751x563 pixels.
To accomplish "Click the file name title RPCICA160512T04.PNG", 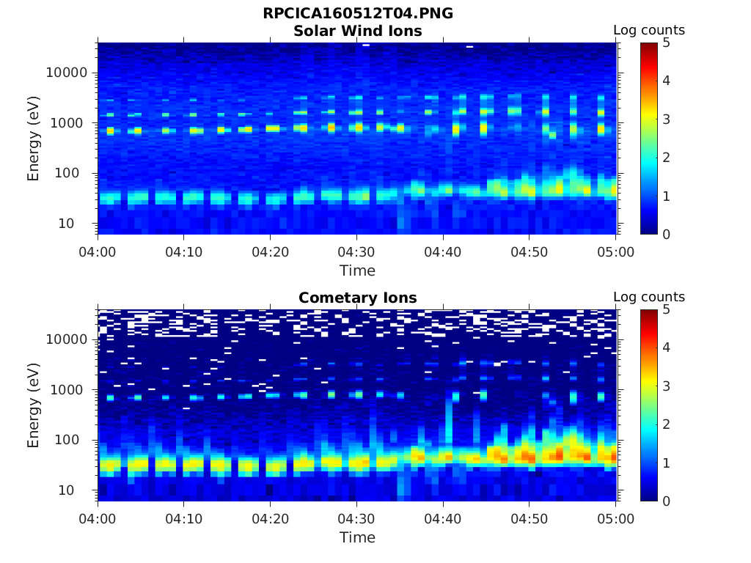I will (357, 14).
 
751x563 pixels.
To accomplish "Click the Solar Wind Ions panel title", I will (357, 31).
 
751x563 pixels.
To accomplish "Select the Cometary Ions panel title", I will (357, 298).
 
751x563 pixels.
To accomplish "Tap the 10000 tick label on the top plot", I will (67, 73).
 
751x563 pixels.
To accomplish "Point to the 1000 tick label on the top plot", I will (71, 122).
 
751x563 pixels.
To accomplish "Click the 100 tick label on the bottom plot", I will (76, 440).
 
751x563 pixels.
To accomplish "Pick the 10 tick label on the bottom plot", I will (78, 490).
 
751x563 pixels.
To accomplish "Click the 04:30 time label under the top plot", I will (356, 251).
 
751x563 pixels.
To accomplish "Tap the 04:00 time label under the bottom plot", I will (98, 518).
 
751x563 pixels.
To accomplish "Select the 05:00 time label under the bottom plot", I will (616, 518).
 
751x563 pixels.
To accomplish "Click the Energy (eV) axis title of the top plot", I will (34, 138).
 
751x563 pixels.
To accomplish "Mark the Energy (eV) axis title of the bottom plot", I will (34, 405).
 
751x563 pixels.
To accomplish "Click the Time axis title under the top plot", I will (357, 271).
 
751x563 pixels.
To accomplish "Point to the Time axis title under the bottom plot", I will (357, 537).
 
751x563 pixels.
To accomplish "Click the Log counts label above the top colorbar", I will (648, 30).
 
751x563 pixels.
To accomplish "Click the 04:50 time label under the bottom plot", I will (530, 518).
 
